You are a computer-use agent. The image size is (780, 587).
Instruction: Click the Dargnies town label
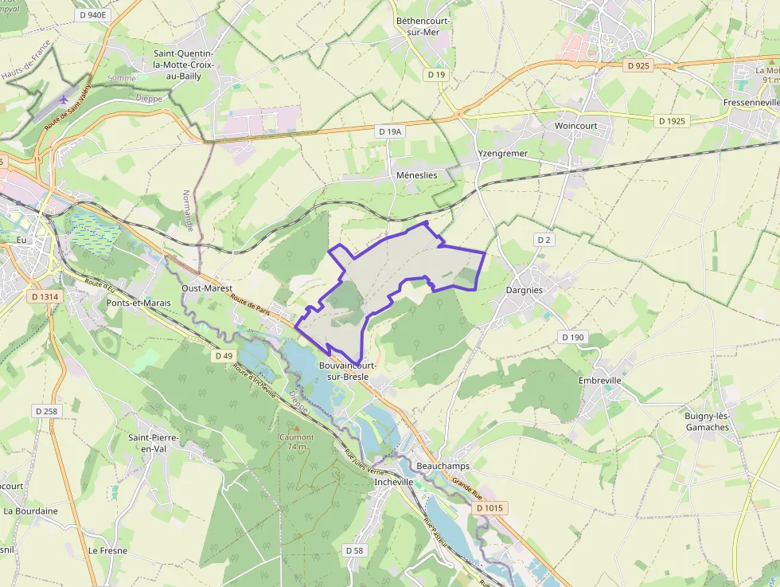click(x=525, y=290)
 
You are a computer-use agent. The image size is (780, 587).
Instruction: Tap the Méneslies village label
click(x=416, y=174)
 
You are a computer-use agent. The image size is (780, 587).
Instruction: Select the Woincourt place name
click(x=575, y=125)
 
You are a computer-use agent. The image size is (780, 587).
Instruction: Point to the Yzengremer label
click(x=502, y=153)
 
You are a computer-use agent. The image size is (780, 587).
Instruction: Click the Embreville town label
click(x=600, y=380)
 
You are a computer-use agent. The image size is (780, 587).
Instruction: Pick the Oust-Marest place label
click(x=206, y=288)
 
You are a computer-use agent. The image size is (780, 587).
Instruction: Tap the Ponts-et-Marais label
click(x=138, y=303)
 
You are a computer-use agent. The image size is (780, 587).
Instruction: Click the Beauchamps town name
click(x=443, y=465)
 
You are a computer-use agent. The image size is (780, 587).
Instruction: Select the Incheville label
click(x=394, y=481)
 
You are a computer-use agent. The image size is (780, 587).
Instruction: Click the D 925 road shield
click(x=638, y=66)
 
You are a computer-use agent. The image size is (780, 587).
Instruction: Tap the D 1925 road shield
click(x=673, y=121)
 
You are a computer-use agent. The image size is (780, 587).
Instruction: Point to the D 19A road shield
click(x=391, y=131)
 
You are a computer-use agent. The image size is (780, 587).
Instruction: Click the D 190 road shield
click(x=572, y=337)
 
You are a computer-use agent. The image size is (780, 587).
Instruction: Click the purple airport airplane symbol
click(x=64, y=100)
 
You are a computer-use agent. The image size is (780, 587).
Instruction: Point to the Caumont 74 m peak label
click(x=296, y=441)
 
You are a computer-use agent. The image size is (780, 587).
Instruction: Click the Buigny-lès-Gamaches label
click(x=707, y=421)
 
